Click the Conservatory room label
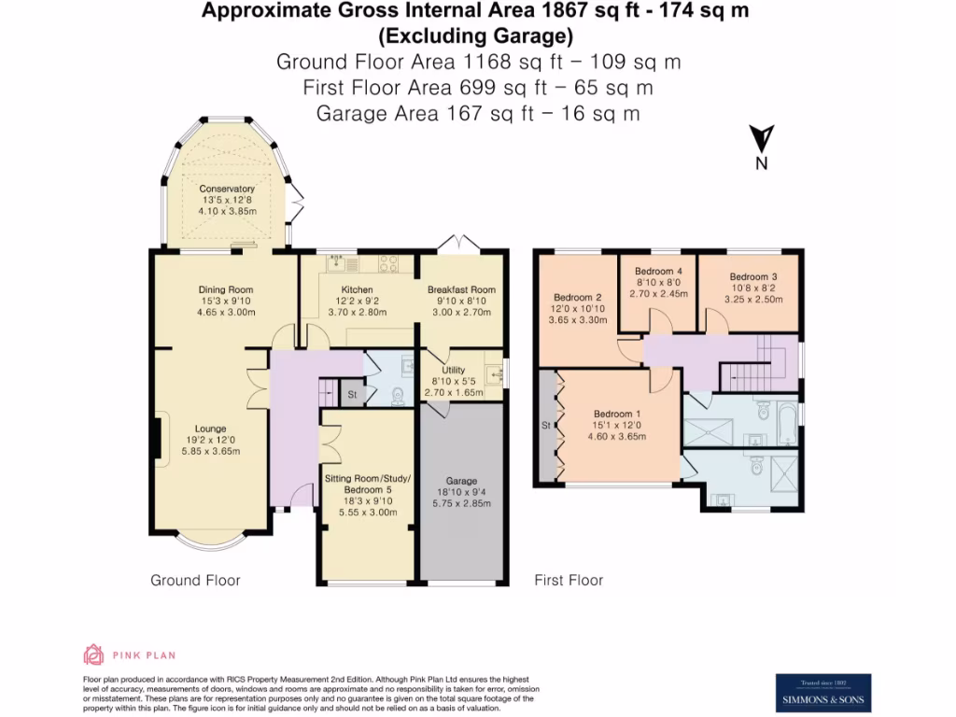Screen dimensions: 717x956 (226, 190)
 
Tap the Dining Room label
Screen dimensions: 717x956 (225, 289)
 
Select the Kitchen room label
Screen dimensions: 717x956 (357, 289)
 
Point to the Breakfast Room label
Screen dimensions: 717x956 (461, 289)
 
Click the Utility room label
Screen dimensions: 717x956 (454, 371)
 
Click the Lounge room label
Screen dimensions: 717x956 (211, 429)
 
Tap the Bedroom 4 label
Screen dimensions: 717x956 (658, 271)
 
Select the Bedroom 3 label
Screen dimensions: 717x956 (752, 277)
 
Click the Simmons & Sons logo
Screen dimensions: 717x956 (823, 693)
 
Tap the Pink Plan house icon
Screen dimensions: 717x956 (93, 654)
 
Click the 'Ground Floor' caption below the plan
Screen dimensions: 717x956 (195, 581)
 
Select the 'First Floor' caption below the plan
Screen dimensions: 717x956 (569, 581)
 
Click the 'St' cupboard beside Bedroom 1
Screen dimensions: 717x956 (545, 427)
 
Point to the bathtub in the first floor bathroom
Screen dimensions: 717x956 (789, 421)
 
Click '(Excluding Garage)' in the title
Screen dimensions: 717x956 (475, 36)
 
